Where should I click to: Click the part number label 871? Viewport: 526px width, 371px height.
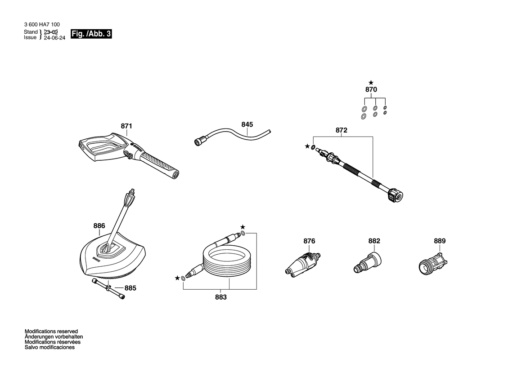coord(126,126)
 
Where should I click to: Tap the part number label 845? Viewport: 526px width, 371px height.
coord(247,124)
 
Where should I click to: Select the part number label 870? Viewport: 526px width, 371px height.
coord(371,90)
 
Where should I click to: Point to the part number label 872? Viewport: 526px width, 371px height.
coord(342,130)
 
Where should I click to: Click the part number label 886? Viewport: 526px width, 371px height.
coord(99,226)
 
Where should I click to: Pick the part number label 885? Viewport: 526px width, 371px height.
coord(130,288)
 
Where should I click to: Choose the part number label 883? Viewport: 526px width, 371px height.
coord(221,297)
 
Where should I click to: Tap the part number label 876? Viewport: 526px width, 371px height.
coord(309,241)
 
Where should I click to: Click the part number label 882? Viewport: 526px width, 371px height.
coord(374,241)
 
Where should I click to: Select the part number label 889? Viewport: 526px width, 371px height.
coord(440,241)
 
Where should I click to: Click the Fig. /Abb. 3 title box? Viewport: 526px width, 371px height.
coord(91,34)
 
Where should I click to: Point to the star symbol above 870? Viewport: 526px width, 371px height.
coord(371,82)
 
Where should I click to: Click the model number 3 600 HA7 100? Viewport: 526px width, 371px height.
coord(42,24)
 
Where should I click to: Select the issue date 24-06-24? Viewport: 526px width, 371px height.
coord(55,38)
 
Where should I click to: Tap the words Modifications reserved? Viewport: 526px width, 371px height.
coord(51,331)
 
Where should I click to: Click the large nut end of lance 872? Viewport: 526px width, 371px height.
coord(395,195)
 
